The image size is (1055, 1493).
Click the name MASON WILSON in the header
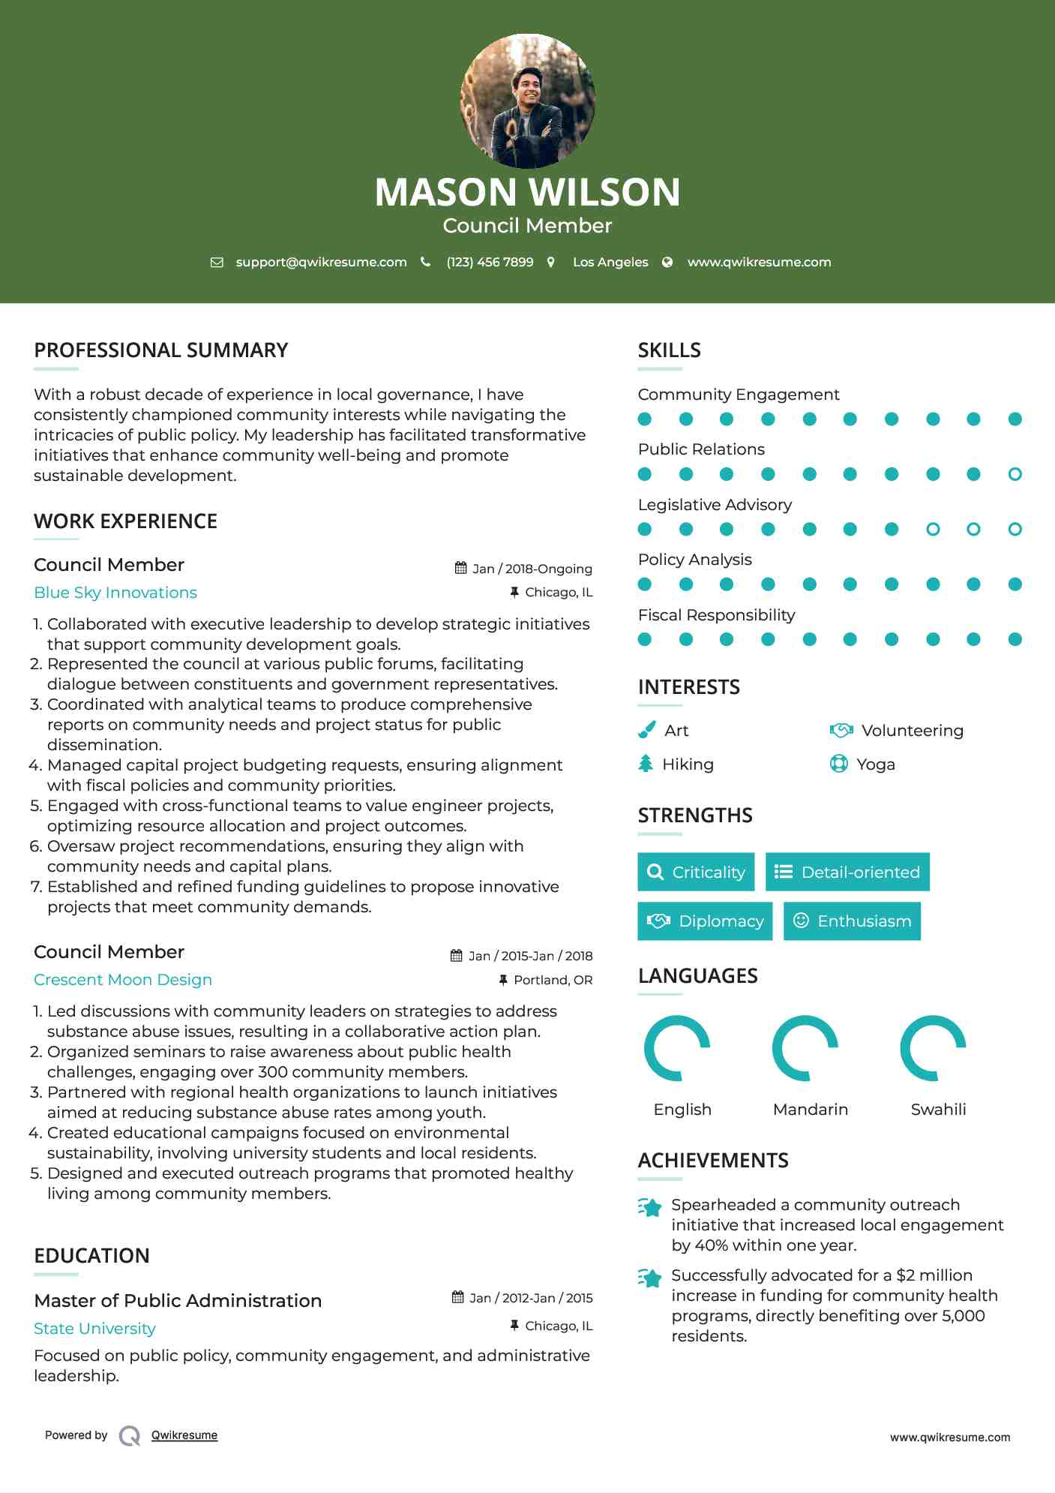click(x=527, y=192)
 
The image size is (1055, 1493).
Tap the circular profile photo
click(x=527, y=101)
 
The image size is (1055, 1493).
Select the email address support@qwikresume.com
click(x=321, y=262)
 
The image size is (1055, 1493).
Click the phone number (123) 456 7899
click(x=490, y=262)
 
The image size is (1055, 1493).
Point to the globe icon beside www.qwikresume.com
click(x=667, y=262)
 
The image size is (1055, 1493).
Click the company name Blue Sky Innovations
click(x=115, y=593)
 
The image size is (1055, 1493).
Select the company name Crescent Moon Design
click(x=123, y=980)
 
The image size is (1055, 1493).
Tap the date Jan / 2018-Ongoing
click(x=532, y=569)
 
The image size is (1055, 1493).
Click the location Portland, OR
click(x=553, y=980)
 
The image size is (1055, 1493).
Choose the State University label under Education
click(x=94, y=1329)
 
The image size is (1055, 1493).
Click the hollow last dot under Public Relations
click(x=1015, y=474)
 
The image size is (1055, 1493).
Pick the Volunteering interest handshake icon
click(x=841, y=730)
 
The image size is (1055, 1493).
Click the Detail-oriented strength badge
click(x=847, y=872)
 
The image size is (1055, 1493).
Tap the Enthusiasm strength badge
click(x=852, y=921)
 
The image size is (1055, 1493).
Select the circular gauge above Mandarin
click(x=805, y=1048)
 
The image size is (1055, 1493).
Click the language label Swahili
click(x=938, y=1109)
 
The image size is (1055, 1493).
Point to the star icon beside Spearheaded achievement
click(x=650, y=1207)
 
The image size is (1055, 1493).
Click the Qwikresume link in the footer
click(x=184, y=1435)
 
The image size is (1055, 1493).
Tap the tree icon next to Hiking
click(x=646, y=764)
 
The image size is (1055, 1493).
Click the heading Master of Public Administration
click(x=178, y=1301)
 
